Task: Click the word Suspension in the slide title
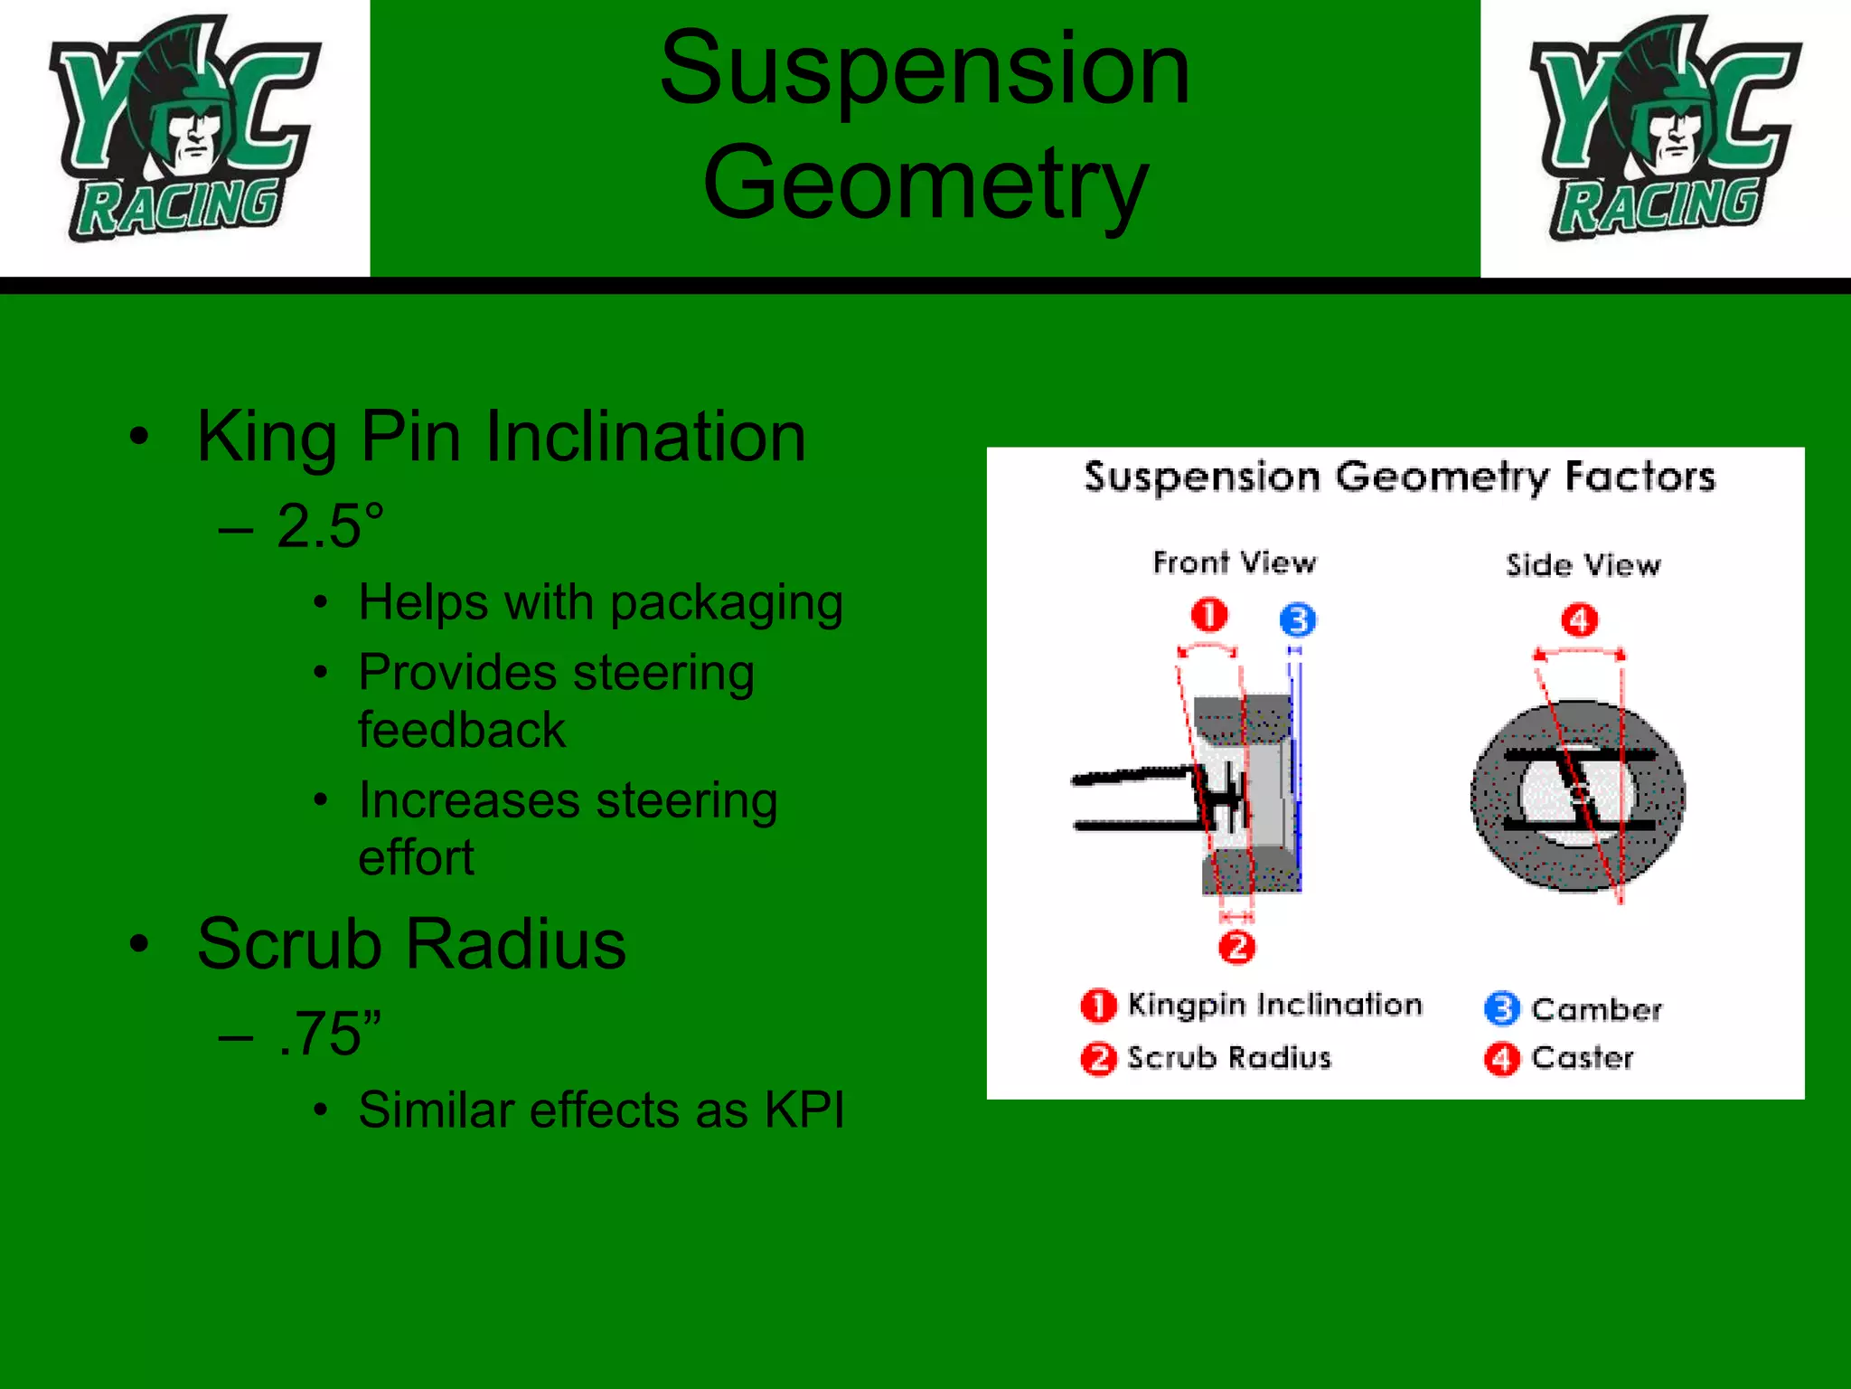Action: [925, 69]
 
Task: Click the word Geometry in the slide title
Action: [925, 184]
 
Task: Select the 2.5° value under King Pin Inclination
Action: [331, 526]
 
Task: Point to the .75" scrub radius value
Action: [331, 1034]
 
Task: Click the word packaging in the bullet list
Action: [727, 603]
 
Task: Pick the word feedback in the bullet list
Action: [462, 730]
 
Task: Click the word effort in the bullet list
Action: [416, 857]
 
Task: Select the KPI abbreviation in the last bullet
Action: [803, 1110]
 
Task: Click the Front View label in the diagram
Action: [1235, 562]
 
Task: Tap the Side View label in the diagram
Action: [1583, 565]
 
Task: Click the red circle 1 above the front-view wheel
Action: [1209, 616]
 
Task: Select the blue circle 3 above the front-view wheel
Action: [1298, 620]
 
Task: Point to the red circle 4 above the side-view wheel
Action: [1580, 620]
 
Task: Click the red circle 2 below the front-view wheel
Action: [1236, 948]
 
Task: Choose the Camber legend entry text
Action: [1596, 1009]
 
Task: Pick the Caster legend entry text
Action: [1583, 1058]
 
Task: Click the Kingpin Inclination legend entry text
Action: [1274, 1005]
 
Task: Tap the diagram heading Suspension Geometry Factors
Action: [1399, 477]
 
